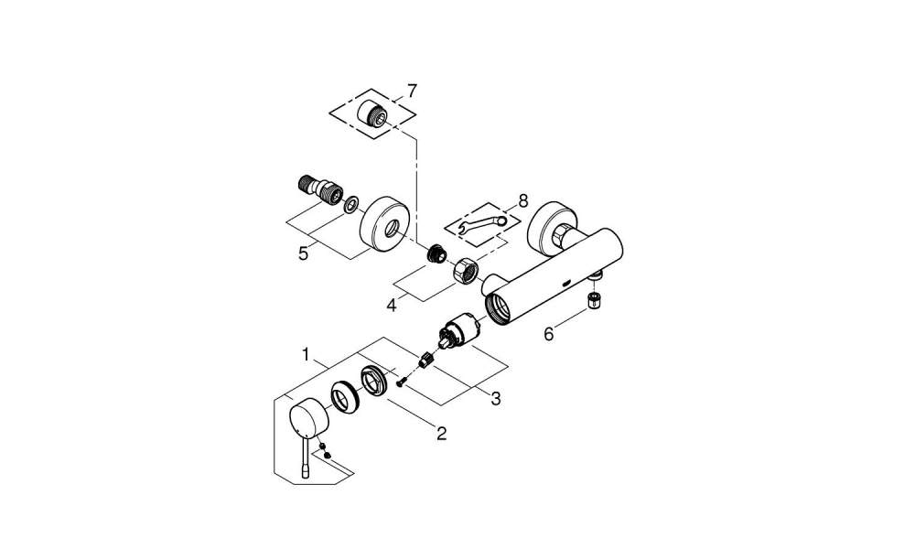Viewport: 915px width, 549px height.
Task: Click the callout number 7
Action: (x=412, y=91)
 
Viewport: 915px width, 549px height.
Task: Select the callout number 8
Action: (x=522, y=199)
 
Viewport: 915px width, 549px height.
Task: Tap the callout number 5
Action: (x=303, y=253)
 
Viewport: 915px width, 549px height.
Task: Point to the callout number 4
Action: (x=391, y=305)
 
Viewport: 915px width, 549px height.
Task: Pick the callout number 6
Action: (x=549, y=334)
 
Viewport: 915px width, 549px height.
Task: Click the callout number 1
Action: (x=308, y=353)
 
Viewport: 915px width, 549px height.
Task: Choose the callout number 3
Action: (x=495, y=398)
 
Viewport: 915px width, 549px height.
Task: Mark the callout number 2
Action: (x=441, y=433)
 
